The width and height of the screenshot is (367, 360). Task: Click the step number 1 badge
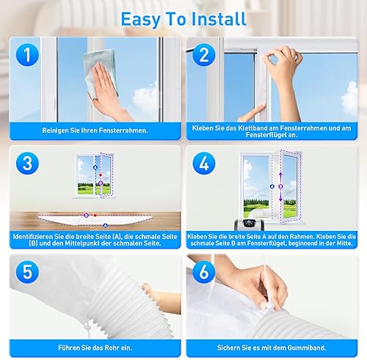point(27,55)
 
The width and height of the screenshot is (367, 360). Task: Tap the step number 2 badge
point(204,55)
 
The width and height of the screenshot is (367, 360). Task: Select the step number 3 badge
point(27,164)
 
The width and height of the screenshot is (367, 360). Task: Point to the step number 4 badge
point(204,164)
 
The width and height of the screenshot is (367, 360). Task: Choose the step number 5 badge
point(27,272)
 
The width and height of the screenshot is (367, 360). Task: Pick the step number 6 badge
point(204,272)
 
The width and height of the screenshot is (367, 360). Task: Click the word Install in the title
point(219,19)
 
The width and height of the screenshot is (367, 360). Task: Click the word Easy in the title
point(140,20)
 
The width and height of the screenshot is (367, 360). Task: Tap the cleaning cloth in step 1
point(100,73)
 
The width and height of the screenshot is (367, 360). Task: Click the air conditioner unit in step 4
point(249,224)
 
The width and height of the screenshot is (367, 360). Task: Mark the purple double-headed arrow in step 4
point(280,187)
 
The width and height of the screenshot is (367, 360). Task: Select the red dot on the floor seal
point(95,216)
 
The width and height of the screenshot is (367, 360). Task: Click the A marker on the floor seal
point(105,225)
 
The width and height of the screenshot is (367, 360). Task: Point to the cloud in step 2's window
point(350,99)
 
